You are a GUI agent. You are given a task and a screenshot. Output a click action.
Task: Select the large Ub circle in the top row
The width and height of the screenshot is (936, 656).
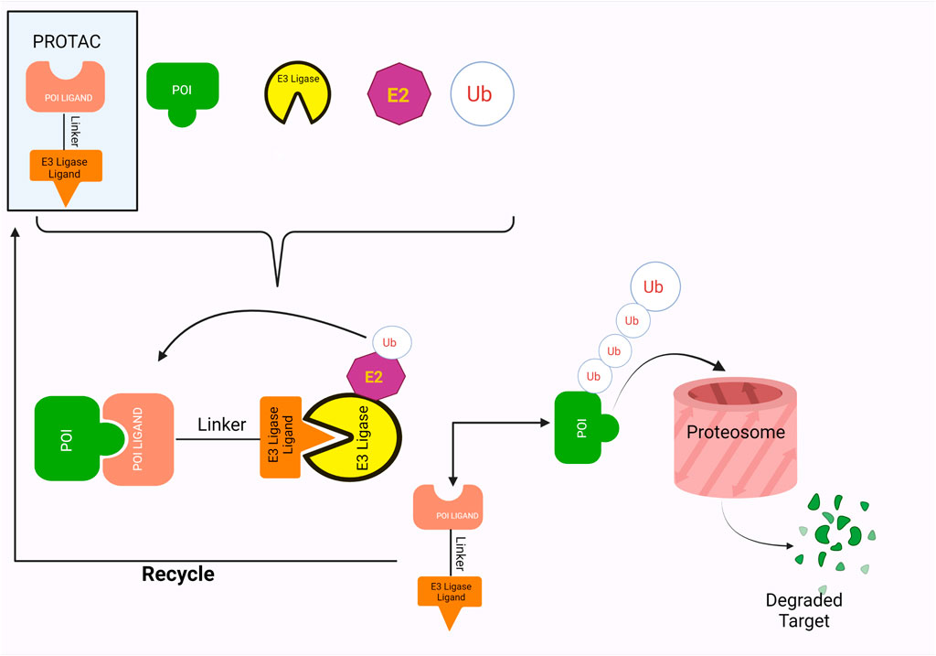click(x=483, y=93)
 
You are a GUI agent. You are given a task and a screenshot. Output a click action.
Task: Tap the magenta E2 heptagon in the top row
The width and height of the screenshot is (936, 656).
click(x=398, y=93)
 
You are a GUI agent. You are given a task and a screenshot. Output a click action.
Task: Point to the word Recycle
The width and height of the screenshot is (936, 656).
click(x=178, y=575)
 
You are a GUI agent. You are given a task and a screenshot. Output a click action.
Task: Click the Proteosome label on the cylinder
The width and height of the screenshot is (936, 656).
click(x=736, y=432)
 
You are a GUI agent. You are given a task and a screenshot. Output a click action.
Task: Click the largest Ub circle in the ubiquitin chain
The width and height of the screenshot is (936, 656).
click(x=653, y=287)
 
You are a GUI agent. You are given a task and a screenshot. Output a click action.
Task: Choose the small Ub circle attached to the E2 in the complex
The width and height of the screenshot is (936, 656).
click(x=390, y=342)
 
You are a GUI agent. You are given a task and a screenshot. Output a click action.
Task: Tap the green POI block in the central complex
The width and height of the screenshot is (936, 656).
click(x=68, y=438)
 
